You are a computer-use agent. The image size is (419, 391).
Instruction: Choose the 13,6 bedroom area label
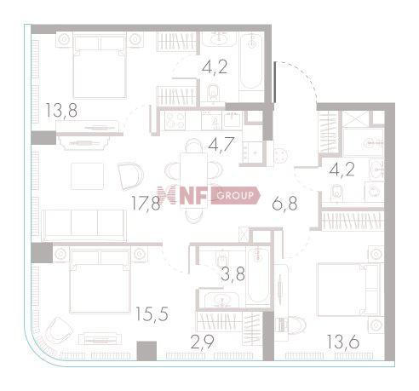click(x=342, y=347)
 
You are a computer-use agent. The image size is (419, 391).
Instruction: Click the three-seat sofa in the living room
click(x=84, y=223)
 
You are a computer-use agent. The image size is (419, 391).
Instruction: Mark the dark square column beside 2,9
click(x=146, y=349)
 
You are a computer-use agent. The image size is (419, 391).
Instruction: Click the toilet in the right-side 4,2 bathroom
click(x=337, y=191)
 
